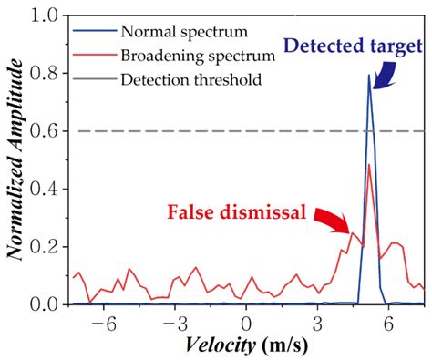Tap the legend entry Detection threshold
coord(174,79)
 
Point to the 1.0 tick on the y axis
coord(47,16)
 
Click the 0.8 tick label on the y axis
coord(47,74)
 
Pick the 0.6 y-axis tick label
coord(47,131)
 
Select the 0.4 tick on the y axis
coord(47,189)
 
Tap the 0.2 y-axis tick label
coord(47,246)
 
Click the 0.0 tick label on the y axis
coord(47,303)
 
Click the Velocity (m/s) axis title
coord(247,346)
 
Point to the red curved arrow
coord(334,219)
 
